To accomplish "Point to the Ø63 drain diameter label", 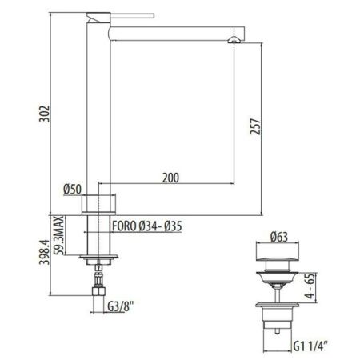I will pos(279,236).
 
